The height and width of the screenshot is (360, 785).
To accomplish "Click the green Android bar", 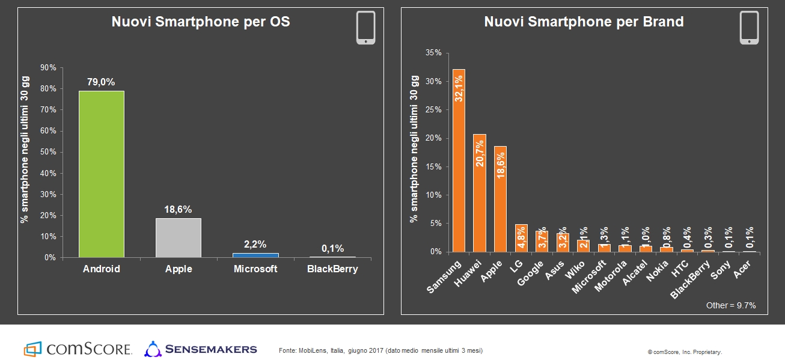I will tap(101, 174).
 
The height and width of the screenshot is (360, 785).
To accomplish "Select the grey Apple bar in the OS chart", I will tap(179, 238).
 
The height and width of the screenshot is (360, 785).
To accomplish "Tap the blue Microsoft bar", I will tap(255, 255).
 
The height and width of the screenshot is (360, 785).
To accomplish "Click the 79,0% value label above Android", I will tap(101, 82).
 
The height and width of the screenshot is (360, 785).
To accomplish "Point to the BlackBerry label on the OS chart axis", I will tap(332, 269).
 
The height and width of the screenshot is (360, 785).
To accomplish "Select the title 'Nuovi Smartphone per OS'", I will tap(200, 22).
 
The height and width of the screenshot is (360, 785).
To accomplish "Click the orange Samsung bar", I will tap(459, 160).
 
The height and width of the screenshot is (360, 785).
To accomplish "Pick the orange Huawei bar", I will tap(480, 192).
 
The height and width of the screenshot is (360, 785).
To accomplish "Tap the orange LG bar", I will tap(521, 238).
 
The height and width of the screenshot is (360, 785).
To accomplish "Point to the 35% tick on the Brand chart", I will tap(433, 53).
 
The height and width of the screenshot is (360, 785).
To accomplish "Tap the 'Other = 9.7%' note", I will tap(731, 305).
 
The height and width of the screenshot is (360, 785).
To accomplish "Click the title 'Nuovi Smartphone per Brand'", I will tap(584, 22).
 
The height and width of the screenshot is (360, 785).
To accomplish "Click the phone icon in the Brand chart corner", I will tap(749, 28).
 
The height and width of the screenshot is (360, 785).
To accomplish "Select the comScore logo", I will tap(78, 349).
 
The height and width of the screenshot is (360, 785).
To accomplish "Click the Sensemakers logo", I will tap(201, 349).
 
